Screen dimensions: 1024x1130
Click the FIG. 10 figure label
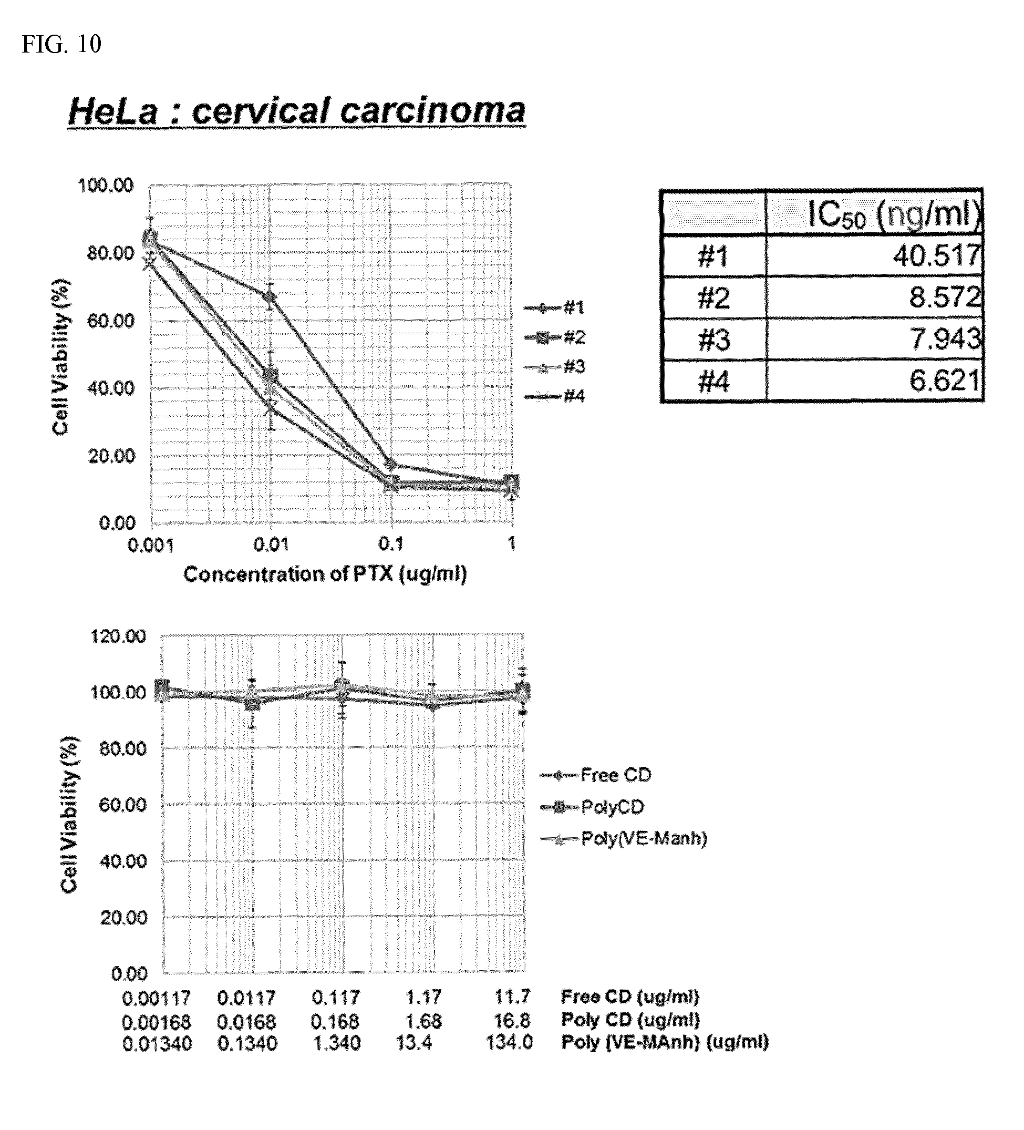point(61,44)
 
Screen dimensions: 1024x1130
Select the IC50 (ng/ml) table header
point(894,213)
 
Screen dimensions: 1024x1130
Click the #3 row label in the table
point(713,339)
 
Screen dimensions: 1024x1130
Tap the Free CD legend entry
point(596,775)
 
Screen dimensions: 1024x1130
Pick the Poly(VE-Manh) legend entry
point(624,838)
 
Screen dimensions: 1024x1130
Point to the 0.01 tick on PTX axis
point(271,545)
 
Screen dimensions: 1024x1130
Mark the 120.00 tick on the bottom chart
point(118,636)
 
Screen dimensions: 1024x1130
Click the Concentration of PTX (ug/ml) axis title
point(325,574)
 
